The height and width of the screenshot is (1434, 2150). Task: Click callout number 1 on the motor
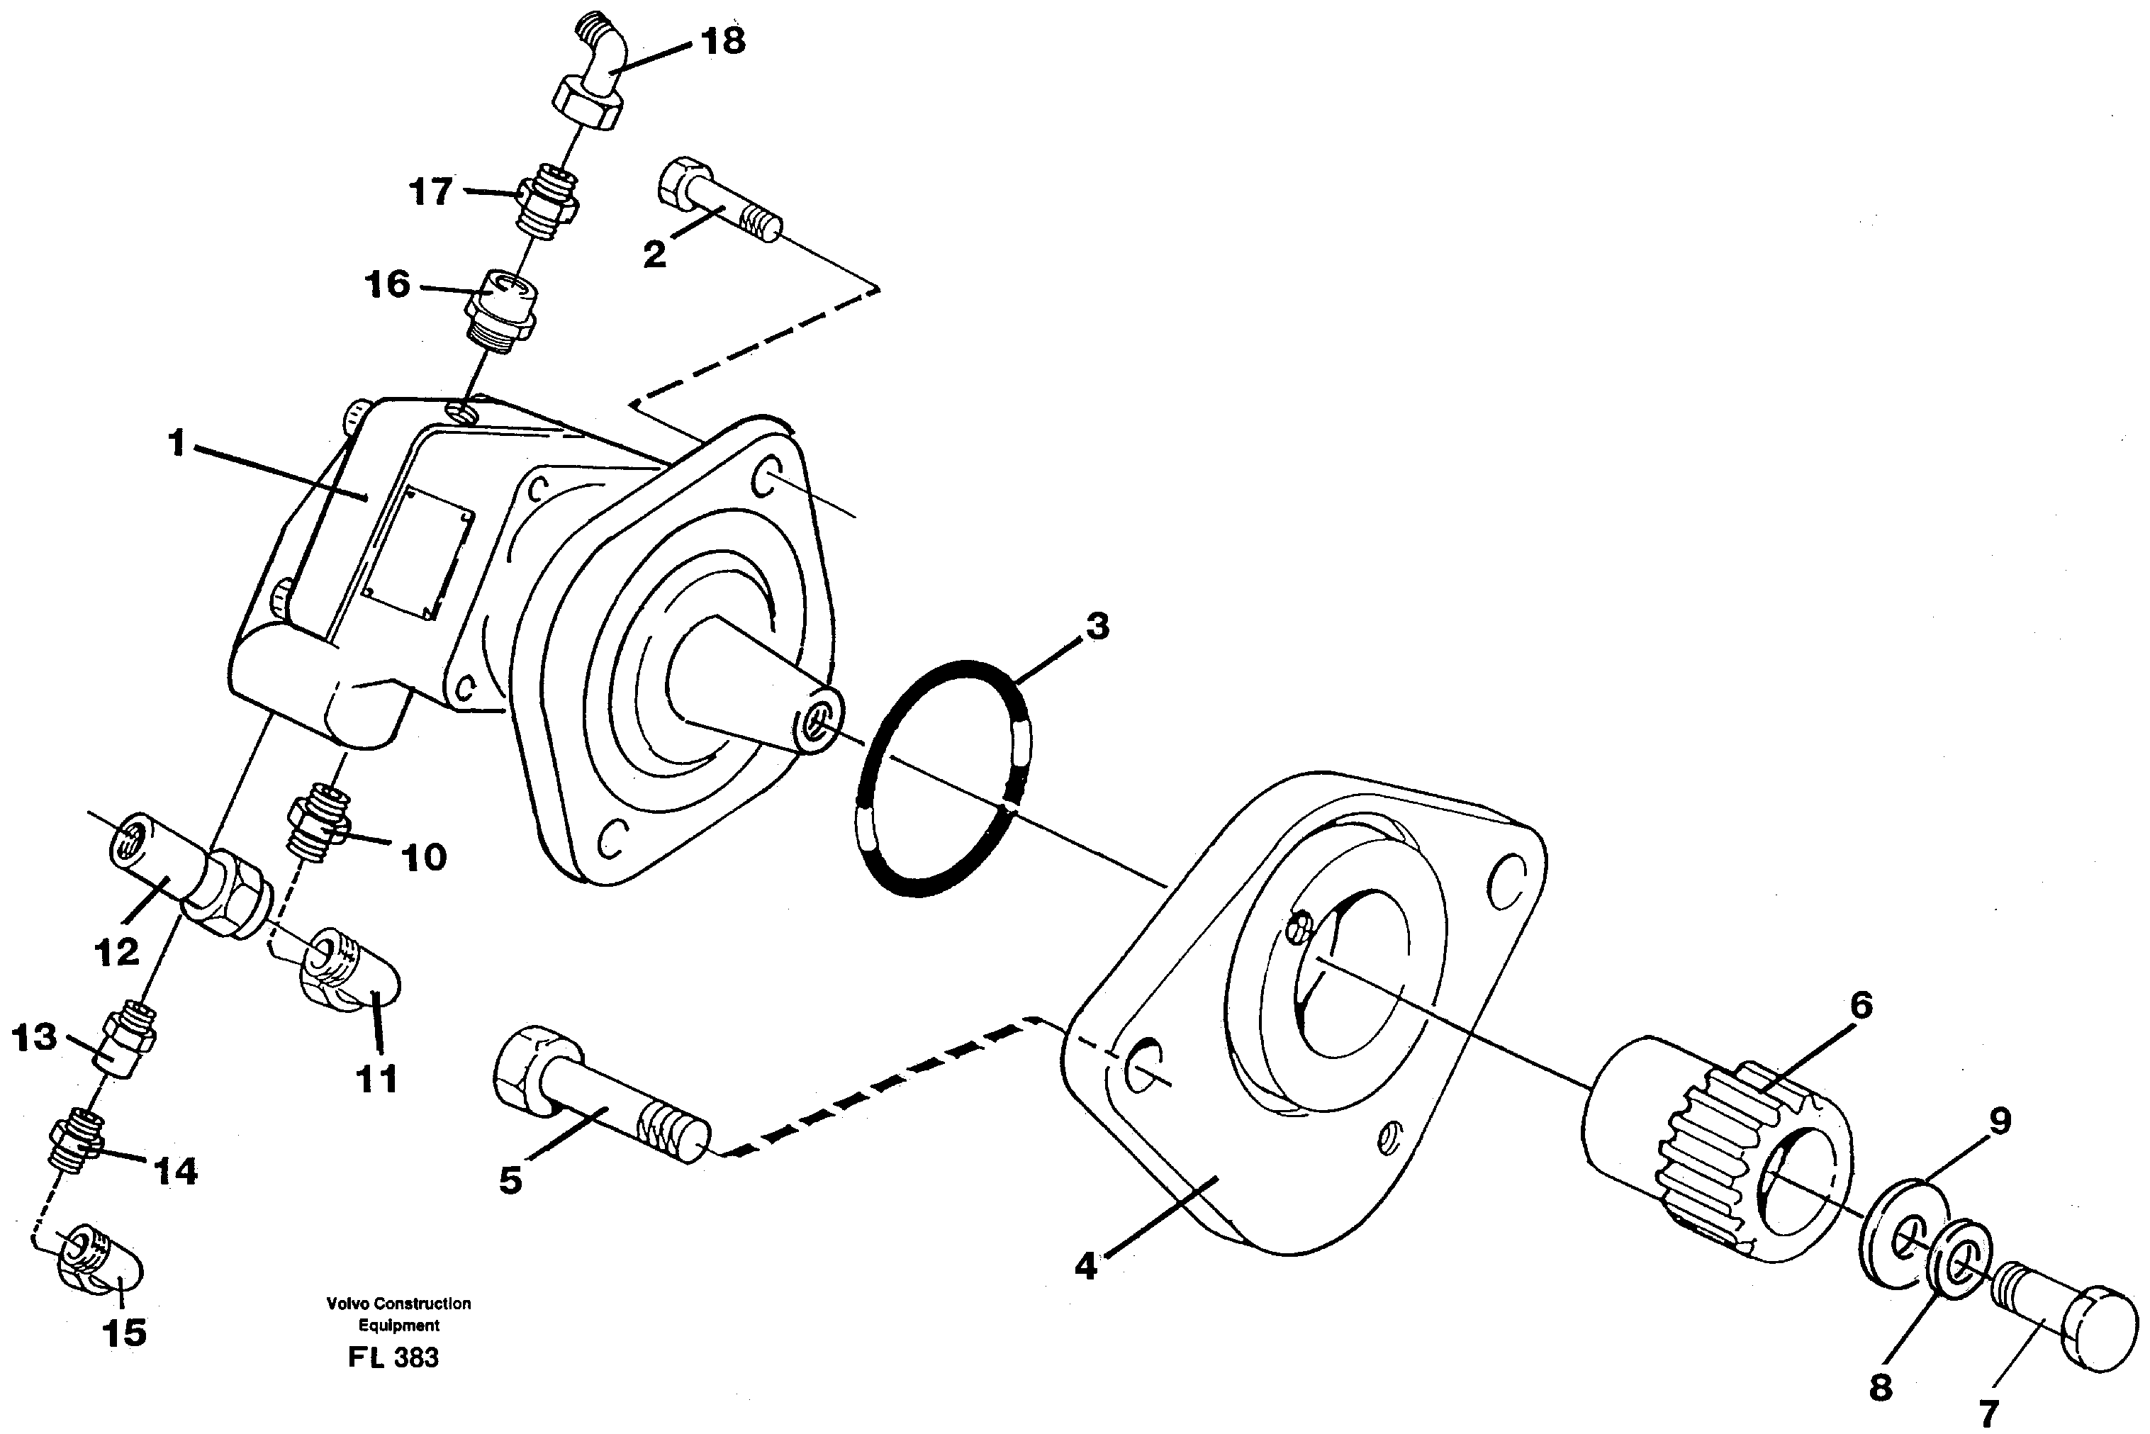tap(177, 444)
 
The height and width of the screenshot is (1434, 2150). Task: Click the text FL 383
tap(393, 1358)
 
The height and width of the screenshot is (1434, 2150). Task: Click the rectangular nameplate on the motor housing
tap(418, 551)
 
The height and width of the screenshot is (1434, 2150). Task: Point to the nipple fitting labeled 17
tap(547, 201)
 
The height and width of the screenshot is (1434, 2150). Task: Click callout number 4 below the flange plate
tap(1085, 1267)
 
